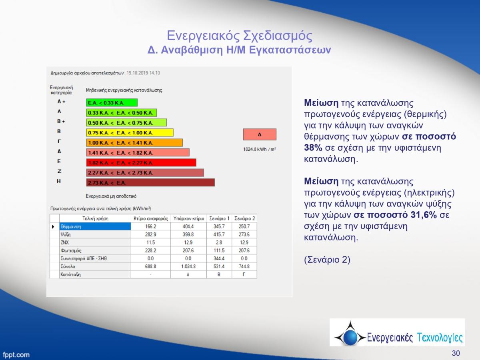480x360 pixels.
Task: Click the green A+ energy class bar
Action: tap(112, 102)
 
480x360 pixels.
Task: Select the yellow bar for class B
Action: tap(130, 132)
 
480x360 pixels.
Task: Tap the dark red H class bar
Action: tap(150, 182)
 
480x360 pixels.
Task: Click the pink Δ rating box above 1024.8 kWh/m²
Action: tap(260, 134)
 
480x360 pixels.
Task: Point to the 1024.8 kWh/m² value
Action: tap(260, 149)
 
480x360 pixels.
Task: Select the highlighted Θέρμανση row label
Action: tap(95, 226)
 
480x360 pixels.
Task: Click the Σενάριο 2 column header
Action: tap(244, 218)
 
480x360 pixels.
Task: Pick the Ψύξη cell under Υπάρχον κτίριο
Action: tap(188, 234)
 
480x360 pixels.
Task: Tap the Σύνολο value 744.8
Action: tap(244, 266)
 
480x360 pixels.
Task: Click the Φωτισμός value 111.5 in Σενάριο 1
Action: tap(219, 250)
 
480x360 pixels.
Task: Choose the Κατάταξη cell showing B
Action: tap(219, 274)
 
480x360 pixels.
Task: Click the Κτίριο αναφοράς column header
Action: tap(151, 218)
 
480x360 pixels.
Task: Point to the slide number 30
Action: tap(456, 353)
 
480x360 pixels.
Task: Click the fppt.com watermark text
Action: tap(16, 354)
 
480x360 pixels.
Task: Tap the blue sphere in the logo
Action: tap(350, 337)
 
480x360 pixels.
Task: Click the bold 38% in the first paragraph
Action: tap(313, 148)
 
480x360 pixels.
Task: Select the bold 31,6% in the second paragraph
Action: tap(423, 215)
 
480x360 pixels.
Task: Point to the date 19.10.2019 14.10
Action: tap(143, 73)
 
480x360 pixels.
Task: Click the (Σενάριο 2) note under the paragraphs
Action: tap(327, 260)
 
